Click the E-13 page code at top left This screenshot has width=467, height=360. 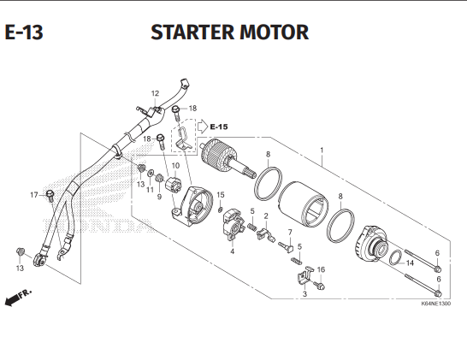click(24, 32)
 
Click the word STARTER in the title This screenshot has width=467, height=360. click(192, 32)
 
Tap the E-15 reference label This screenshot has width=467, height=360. click(219, 127)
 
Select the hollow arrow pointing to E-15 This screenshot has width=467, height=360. click(203, 126)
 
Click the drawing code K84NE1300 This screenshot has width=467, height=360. click(435, 304)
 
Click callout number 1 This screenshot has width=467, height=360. click(322, 150)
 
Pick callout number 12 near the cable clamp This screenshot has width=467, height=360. click(155, 93)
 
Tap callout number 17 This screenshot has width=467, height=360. click(34, 195)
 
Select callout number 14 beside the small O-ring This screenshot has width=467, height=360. click(410, 263)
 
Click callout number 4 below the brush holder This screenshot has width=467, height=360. click(233, 251)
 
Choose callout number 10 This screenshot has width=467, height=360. click(175, 166)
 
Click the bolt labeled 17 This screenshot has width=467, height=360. click(50, 196)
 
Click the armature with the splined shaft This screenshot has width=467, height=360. click(228, 160)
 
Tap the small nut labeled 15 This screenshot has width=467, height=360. click(221, 210)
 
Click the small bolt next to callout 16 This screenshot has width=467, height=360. click(319, 286)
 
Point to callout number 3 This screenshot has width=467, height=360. click(304, 294)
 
